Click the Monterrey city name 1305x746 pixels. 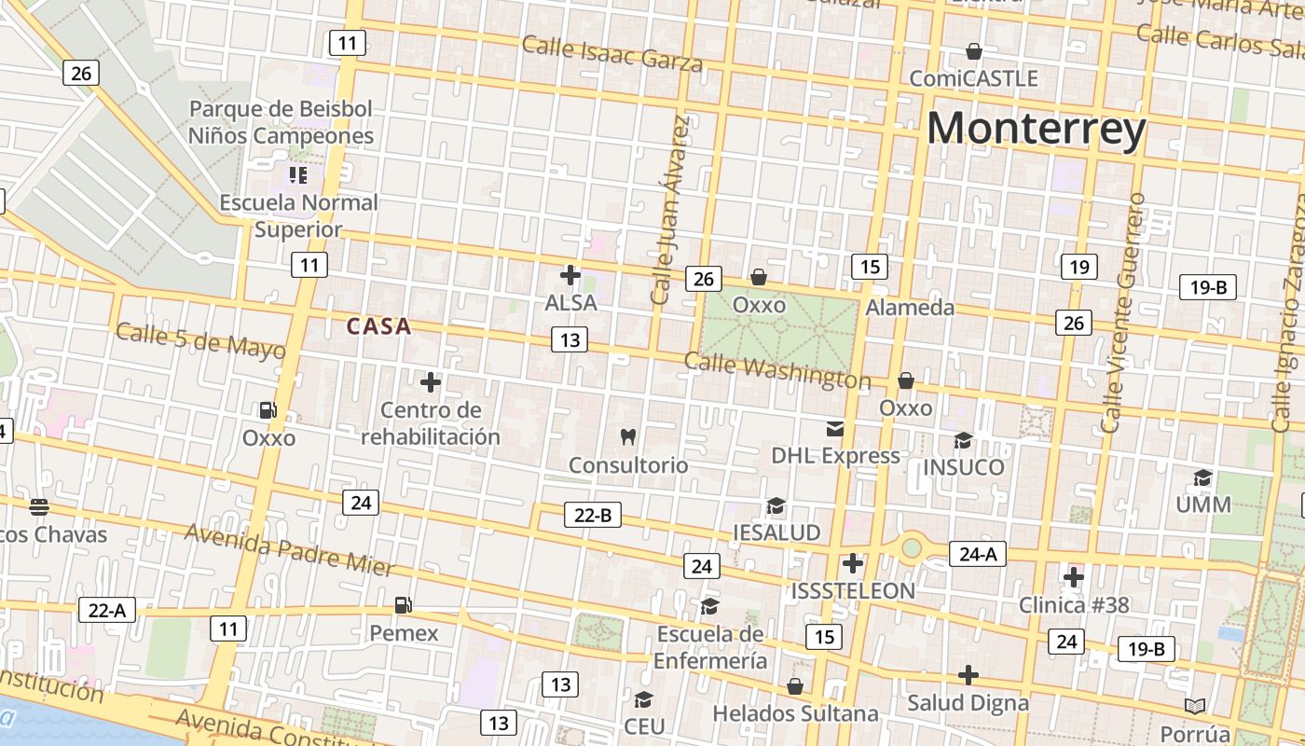pyautogui.click(x=1036, y=129)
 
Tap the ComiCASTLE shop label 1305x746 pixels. pyautogui.click(x=973, y=78)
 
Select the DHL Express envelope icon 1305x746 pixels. pyautogui.click(x=834, y=429)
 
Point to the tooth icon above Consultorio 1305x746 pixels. pyautogui.click(x=628, y=436)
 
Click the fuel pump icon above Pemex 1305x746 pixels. pyautogui.click(x=403, y=605)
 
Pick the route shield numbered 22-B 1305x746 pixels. pyautogui.click(x=592, y=514)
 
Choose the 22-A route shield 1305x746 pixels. pyautogui.click(x=107, y=610)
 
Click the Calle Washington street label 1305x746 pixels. pyautogui.click(x=776, y=370)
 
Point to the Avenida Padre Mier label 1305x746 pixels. pyautogui.click(x=289, y=549)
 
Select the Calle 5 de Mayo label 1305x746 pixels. pyautogui.click(x=199, y=340)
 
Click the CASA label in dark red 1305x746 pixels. pyautogui.click(x=378, y=326)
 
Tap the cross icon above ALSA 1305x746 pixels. pyautogui.click(x=570, y=275)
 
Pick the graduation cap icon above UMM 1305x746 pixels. pyautogui.click(x=1202, y=478)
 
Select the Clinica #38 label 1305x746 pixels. pyautogui.click(x=1073, y=605)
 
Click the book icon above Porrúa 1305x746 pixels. pyautogui.click(x=1195, y=705)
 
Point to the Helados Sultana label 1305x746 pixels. pyautogui.click(x=795, y=713)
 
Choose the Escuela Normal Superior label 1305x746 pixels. pyautogui.click(x=298, y=215)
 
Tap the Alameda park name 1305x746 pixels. pyautogui.click(x=910, y=307)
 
